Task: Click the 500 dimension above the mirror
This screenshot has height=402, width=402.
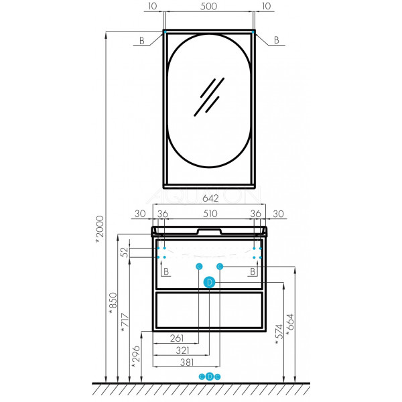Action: (208, 7)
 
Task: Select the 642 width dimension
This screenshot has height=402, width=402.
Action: (210, 198)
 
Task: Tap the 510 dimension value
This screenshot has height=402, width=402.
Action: (210, 214)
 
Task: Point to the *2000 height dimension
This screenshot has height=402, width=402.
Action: (99, 230)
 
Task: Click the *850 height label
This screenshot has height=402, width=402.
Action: (113, 304)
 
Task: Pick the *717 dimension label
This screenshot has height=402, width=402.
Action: (125, 322)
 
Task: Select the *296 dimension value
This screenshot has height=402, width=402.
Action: (135, 356)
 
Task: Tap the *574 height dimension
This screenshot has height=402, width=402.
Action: (279, 334)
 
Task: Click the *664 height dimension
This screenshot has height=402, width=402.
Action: (290, 325)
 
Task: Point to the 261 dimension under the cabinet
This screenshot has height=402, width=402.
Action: (177, 338)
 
